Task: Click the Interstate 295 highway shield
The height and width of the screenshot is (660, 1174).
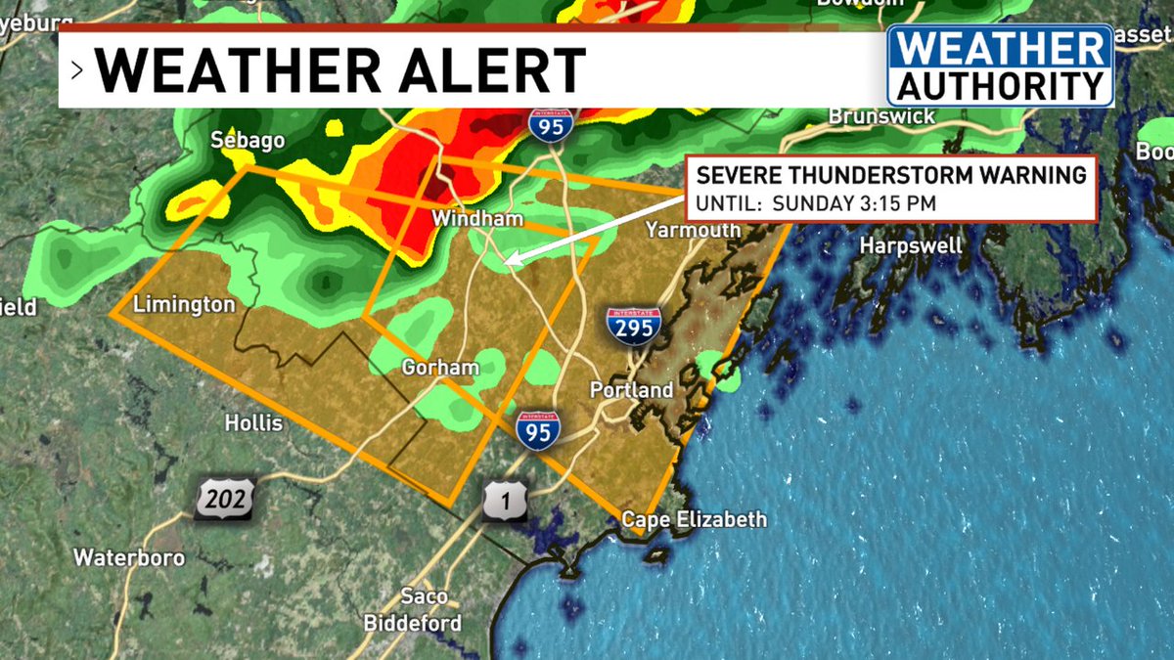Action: [x=633, y=325]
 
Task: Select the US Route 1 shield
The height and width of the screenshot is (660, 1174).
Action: [x=506, y=500]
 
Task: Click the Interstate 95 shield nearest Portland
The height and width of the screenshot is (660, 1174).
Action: [x=537, y=429]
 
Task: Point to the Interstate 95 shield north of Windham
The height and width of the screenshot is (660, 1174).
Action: [x=550, y=125]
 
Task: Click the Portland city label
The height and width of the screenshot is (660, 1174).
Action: [x=631, y=390]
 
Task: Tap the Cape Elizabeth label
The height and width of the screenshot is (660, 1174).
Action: [x=695, y=519]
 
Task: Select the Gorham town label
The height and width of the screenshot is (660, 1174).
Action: [x=441, y=368]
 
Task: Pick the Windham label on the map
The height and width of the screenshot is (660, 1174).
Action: [x=478, y=219]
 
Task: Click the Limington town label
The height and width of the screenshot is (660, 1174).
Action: [x=184, y=304]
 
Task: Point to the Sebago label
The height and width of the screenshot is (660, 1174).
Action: [x=248, y=141]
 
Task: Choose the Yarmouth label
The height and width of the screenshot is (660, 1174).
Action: [x=693, y=230]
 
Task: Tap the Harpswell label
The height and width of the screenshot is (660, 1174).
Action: [x=911, y=245]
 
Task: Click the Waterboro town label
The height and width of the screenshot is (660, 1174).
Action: [x=129, y=558]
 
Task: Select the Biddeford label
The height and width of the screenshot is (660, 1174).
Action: [x=413, y=623]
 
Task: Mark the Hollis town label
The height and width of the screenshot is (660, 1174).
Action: [x=253, y=423]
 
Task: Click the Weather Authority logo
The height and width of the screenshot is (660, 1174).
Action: [x=1000, y=66]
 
